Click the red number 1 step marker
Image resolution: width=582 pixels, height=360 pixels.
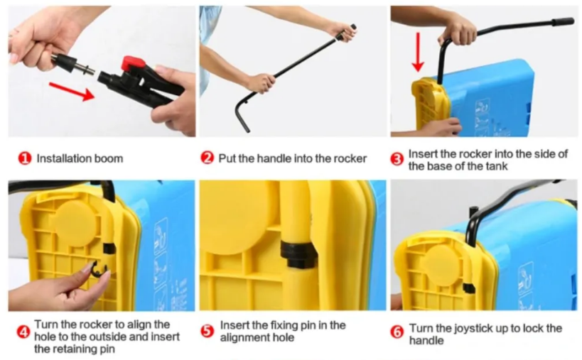pos(24,158)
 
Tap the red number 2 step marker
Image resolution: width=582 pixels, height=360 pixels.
pos(207,158)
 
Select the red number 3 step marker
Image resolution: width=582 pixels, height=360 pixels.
pos(397,160)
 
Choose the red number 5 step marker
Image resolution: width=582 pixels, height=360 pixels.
pos(207,332)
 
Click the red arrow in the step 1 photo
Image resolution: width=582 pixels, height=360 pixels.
pos(72,91)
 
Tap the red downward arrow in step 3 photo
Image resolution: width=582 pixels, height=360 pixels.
pos(419,52)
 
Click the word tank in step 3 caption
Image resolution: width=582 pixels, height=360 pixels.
pos(497,166)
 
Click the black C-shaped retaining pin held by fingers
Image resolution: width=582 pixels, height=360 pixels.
pos(99,269)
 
